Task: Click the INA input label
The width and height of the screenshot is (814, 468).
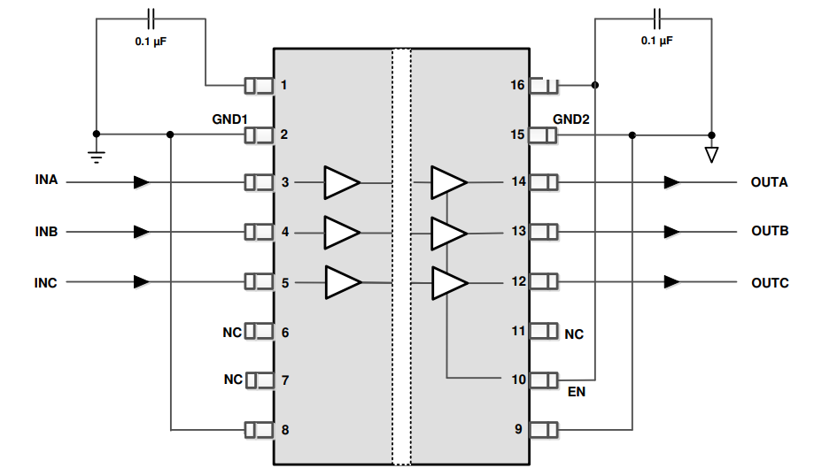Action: coord(46,180)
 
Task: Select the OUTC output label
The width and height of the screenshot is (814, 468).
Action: coord(769,282)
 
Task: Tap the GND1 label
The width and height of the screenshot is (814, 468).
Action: coord(229,119)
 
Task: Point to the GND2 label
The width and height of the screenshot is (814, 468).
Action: coord(571,119)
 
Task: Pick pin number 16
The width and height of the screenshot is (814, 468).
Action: coord(518,85)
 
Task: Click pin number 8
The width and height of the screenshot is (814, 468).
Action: coord(284,430)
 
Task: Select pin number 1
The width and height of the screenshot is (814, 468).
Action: coord(284,85)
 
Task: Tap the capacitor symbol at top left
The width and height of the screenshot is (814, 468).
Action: coord(151,17)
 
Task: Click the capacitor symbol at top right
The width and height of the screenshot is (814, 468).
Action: coord(656,17)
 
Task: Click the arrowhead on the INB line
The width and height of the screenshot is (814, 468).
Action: coord(141,232)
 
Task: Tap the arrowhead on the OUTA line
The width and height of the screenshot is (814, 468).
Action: coord(672,182)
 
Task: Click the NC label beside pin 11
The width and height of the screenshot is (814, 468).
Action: coord(574,334)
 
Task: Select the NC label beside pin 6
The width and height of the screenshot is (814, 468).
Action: coord(232,333)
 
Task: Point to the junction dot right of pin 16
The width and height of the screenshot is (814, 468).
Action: coord(595,86)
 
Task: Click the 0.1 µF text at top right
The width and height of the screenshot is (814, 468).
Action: coord(656,41)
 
